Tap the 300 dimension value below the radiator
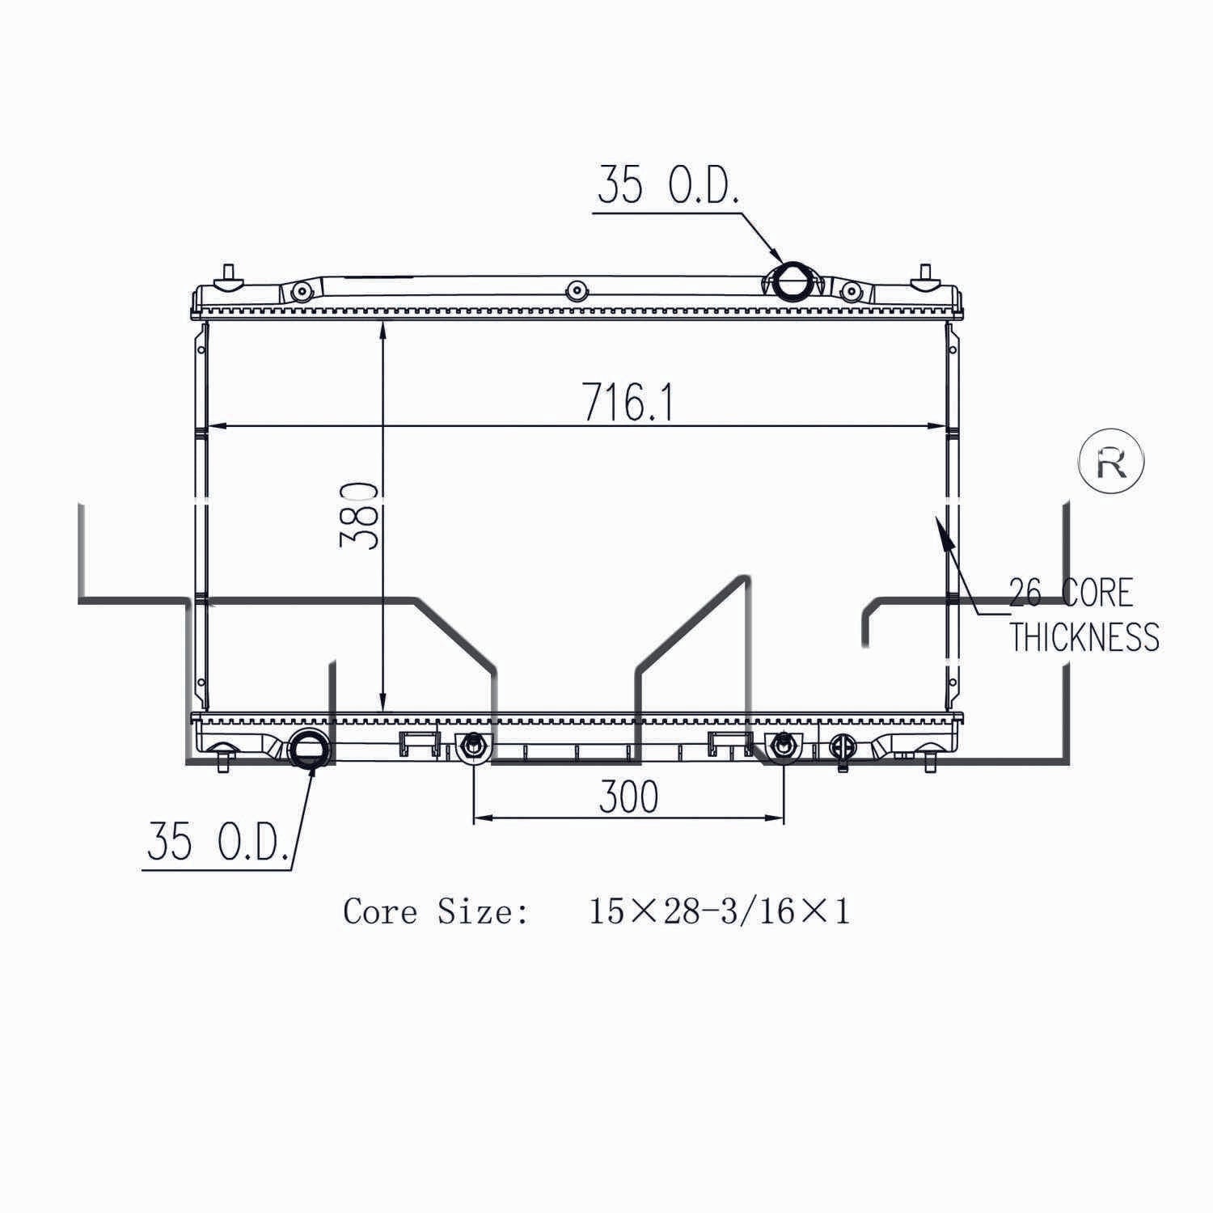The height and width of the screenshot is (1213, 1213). point(628,797)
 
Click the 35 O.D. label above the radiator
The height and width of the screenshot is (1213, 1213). point(668,187)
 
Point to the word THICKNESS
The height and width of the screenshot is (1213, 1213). point(1084,637)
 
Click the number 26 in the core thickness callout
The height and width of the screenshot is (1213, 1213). point(1025,594)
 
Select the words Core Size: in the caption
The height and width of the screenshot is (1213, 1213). point(437,912)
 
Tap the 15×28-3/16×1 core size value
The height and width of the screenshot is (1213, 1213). point(719,912)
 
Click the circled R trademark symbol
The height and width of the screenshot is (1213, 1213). point(1112,462)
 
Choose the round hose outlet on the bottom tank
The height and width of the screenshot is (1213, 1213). point(309,747)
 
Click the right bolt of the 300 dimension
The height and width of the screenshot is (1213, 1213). point(782,746)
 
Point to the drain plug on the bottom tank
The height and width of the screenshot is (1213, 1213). point(842,749)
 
